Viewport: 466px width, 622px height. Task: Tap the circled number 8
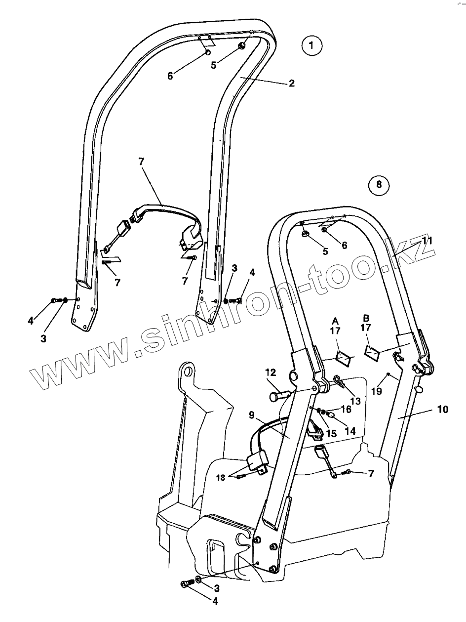pos(379,185)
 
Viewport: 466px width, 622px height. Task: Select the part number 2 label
pos(292,83)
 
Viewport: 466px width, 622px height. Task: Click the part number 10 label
pos(442,410)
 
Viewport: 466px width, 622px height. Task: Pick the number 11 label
pos(427,241)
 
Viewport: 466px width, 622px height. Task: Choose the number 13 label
pos(355,401)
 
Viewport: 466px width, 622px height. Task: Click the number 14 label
pos(349,431)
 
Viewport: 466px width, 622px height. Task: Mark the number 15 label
pos(331,434)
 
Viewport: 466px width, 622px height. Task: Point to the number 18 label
pos(221,478)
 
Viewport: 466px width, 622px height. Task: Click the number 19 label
pos(376,391)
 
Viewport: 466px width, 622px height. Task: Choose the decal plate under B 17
pos(371,352)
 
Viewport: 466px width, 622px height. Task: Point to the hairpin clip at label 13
pos(339,380)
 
